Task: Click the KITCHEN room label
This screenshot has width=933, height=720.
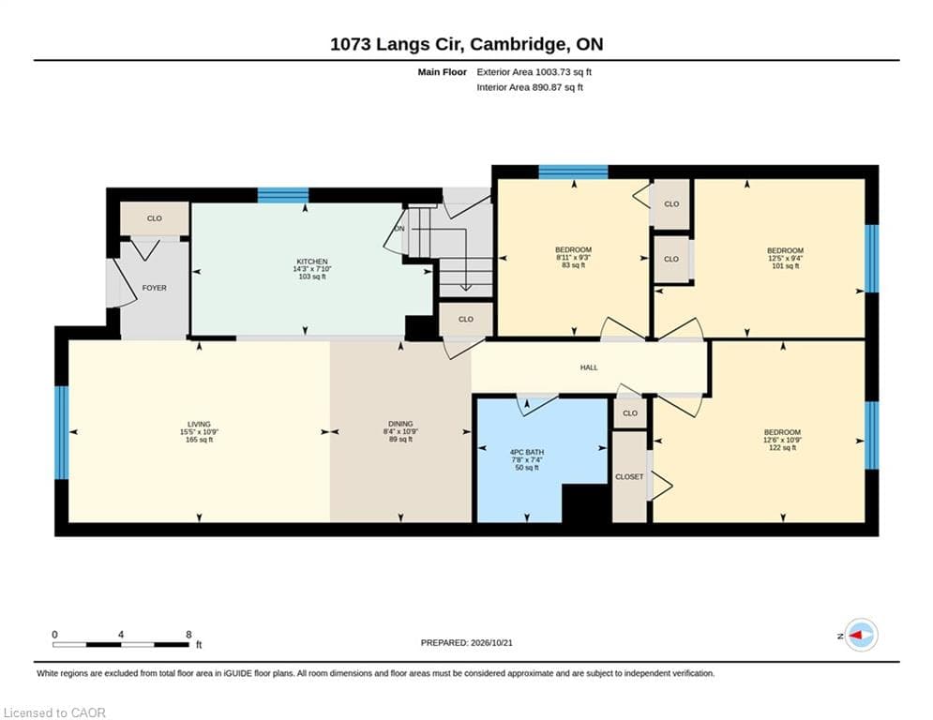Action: pyautogui.click(x=312, y=262)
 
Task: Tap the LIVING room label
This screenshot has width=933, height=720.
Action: pyautogui.click(x=199, y=425)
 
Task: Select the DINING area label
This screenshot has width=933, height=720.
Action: pyautogui.click(x=400, y=425)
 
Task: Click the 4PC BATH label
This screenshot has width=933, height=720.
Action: pyautogui.click(x=527, y=452)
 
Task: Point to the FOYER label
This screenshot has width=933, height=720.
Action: pyautogui.click(x=154, y=288)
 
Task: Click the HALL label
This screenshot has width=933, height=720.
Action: pyautogui.click(x=589, y=367)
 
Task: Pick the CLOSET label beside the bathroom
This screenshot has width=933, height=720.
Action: pyautogui.click(x=629, y=476)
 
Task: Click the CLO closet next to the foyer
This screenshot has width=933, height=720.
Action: pyautogui.click(x=155, y=218)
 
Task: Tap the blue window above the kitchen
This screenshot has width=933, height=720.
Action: pyautogui.click(x=283, y=195)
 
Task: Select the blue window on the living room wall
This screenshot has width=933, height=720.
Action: pyautogui.click(x=62, y=432)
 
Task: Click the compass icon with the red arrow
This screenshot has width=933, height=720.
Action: pyautogui.click(x=861, y=636)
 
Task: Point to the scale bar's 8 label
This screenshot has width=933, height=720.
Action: pyautogui.click(x=188, y=635)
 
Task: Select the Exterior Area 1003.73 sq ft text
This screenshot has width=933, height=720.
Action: pyautogui.click(x=534, y=72)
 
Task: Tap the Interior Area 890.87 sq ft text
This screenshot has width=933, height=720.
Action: pyautogui.click(x=530, y=87)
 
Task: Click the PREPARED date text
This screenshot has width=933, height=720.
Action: pyautogui.click(x=467, y=642)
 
